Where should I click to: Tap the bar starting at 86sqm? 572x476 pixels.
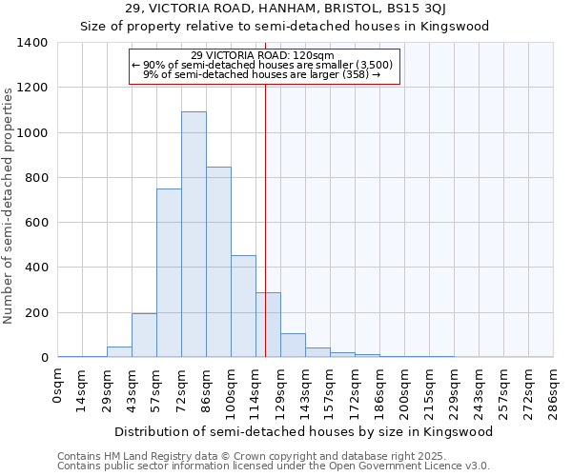click(x=218, y=262)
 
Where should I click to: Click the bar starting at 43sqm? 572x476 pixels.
click(x=144, y=335)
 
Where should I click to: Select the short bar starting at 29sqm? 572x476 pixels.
click(x=119, y=351)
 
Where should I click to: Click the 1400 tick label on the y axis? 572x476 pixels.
click(x=32, y=43)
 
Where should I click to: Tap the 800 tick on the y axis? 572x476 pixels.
click(x=36, y=178)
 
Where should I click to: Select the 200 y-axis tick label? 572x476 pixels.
click(x=36, y=313)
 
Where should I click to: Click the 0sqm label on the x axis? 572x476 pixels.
click(x=59, y=386)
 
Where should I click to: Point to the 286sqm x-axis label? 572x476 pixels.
click(x=553, y=390)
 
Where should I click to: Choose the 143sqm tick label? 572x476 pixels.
click(x=306, y=390)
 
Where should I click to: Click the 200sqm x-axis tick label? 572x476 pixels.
click(x=405, y=390)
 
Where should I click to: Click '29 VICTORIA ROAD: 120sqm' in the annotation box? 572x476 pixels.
click(x=262, y=55)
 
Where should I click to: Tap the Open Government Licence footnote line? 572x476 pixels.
click(x=274, y=466)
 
